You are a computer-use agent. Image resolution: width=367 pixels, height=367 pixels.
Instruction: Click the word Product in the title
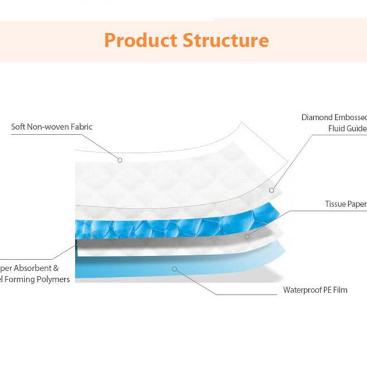coord(141,40)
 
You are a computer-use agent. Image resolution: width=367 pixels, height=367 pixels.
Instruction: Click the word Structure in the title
coord(226,40)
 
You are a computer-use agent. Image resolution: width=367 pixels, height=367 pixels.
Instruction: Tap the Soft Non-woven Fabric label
coord(52,127)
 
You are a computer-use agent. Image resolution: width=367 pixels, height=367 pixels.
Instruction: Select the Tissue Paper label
coord(346,203)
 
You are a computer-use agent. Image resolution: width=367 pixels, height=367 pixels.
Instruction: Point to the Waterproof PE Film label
coord(315,290)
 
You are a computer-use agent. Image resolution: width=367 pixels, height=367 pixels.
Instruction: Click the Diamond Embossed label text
coord(334,117)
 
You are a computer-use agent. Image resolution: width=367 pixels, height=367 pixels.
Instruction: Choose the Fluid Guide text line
coord(347,128)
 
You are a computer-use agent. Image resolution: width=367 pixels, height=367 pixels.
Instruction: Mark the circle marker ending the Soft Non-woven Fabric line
coord(120,160)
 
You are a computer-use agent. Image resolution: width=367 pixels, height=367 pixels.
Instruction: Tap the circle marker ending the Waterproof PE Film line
coord(176,268)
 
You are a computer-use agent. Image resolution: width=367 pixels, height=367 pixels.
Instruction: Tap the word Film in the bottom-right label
coord(339,290)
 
